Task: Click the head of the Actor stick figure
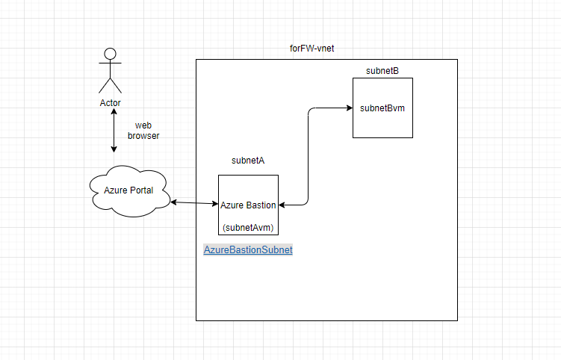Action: point(111,54)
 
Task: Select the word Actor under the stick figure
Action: point(111,103)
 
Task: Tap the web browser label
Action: point(143,131)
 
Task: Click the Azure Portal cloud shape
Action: point(129,191)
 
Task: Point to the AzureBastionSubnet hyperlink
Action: point(248,249)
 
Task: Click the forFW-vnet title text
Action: point(312,49)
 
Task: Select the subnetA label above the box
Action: point(248,161)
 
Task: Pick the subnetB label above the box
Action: point(382,71)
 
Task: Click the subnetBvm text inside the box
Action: point(382,108)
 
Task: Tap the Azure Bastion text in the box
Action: point(248,205)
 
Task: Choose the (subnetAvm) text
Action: point(248,228)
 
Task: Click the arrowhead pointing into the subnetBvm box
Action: point(350,108)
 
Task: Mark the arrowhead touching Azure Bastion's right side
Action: point(282,205)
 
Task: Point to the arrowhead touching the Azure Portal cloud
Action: point(174,202)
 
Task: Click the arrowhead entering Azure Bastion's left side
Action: point(215,204)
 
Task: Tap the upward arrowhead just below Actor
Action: point(114,111)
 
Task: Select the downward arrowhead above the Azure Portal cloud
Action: point(114,149)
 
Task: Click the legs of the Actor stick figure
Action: point(111,86)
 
